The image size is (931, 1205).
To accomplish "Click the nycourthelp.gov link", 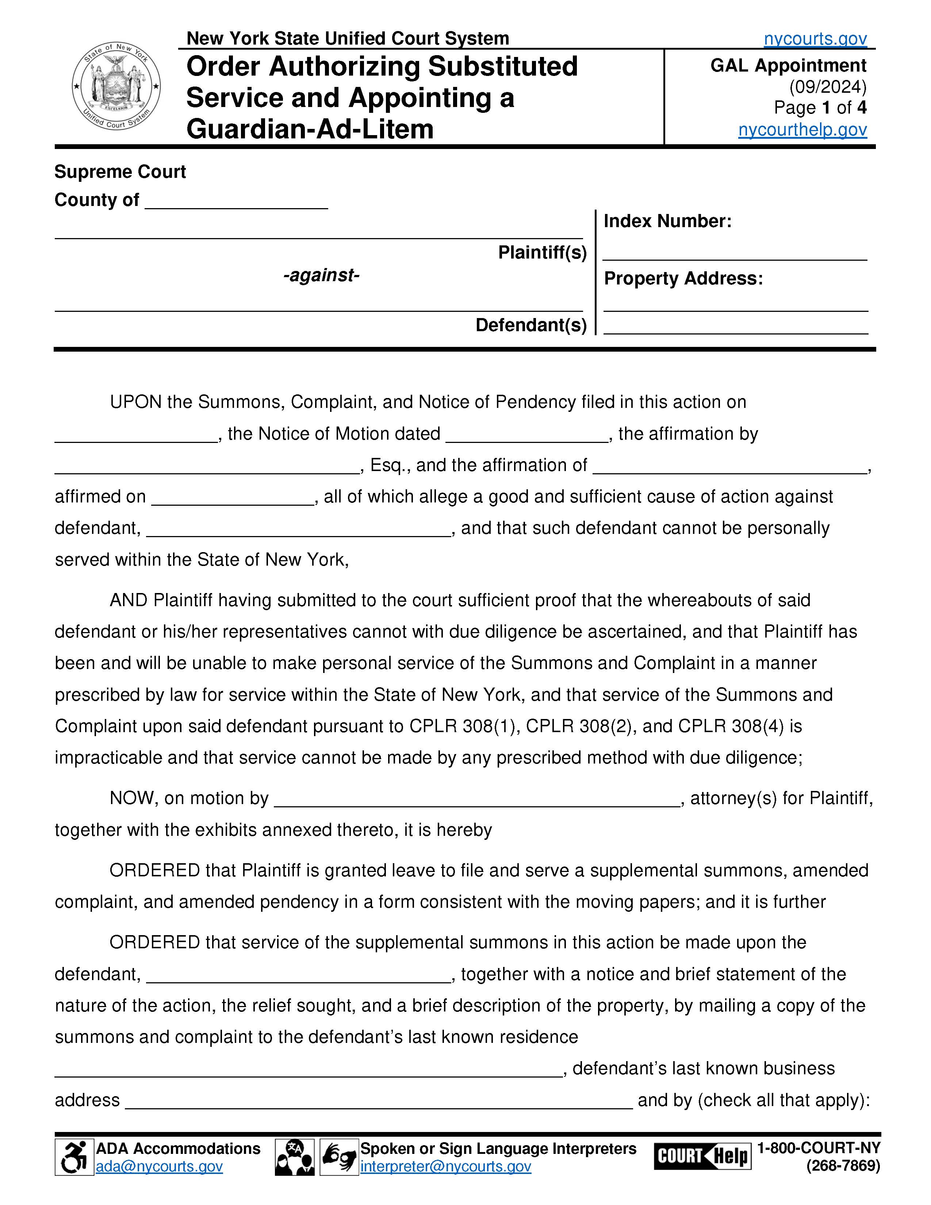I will (x=802, y=129).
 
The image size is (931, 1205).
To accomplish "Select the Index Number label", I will (x=667, y=221).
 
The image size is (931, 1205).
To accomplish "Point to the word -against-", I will (x=321, y=275).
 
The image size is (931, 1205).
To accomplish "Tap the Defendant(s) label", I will (x=530, y=325).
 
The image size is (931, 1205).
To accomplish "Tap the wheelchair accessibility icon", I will (x=74, y=1158).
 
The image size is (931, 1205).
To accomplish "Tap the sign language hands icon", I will (x=339, y=1158).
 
